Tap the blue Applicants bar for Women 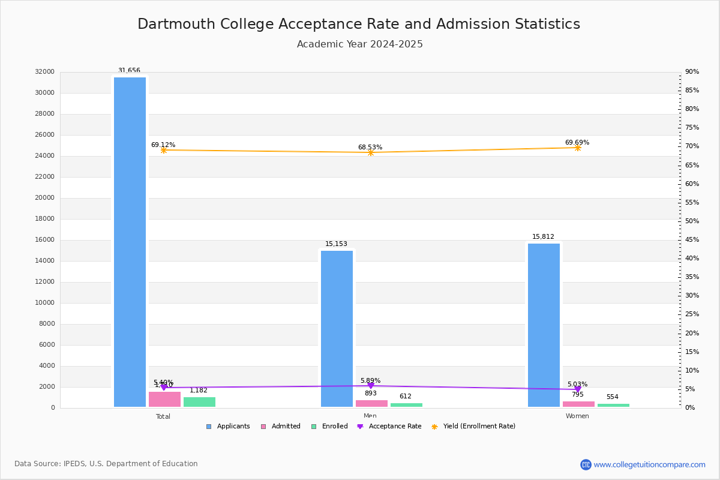click(544, 325)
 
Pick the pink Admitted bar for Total click(164, 400)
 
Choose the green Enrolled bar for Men click(406, 405)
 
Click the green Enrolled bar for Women click(613, 406)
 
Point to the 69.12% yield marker click(163, 150)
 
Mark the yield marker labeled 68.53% click(370, 152)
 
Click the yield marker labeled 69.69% click(577, 148)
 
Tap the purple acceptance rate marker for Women click(577, 389)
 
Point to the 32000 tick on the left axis click(45, 72)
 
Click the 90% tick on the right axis click(692, 72)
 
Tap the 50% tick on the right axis click(692, 221)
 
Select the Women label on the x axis click(577, 416)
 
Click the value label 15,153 click(336, 244)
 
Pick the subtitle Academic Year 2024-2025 click(360, 44)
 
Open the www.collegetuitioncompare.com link click(649, 464)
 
